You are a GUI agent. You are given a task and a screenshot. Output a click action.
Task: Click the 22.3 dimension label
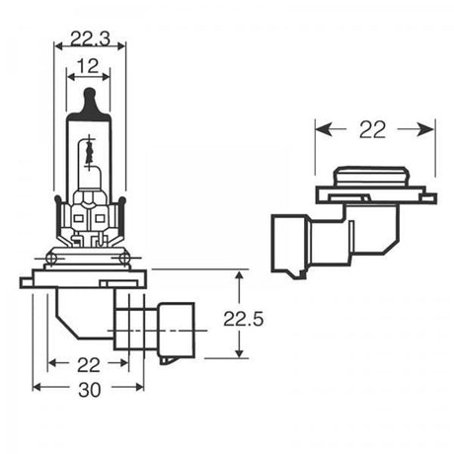pyautogui.click(x=89, y=39)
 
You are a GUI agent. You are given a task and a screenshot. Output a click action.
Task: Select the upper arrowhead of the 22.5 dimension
pyautogui.click(x=240, y=277)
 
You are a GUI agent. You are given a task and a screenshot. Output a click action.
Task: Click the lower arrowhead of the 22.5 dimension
pyautogui.click(x=240, y=352)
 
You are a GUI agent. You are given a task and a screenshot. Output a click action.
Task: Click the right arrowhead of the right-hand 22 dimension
pyautogui.click(x=430, y=128)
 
